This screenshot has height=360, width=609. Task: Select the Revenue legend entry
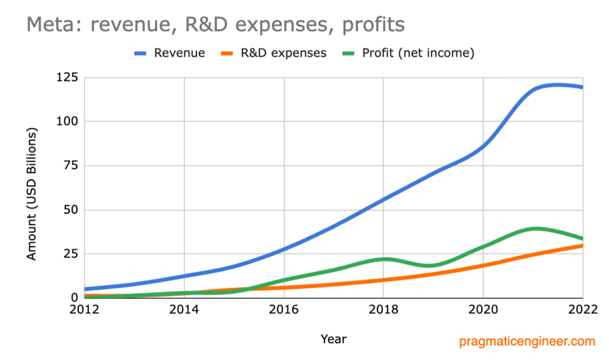(x=179, y=53)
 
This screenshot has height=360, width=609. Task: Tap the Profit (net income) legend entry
(x=418, y=53)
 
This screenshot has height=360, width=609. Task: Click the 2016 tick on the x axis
(x=284, y=309)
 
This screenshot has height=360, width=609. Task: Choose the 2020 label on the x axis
(x=483, y=309)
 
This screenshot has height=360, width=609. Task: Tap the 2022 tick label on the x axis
(x=582, y=309)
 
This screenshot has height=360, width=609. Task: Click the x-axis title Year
(x=333, y=339)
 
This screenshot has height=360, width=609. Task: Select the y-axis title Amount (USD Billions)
(x=31, y=194)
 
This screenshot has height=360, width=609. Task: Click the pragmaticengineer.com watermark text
(x=527, y=341)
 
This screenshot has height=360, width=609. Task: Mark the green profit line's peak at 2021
(x=535, y=229)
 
